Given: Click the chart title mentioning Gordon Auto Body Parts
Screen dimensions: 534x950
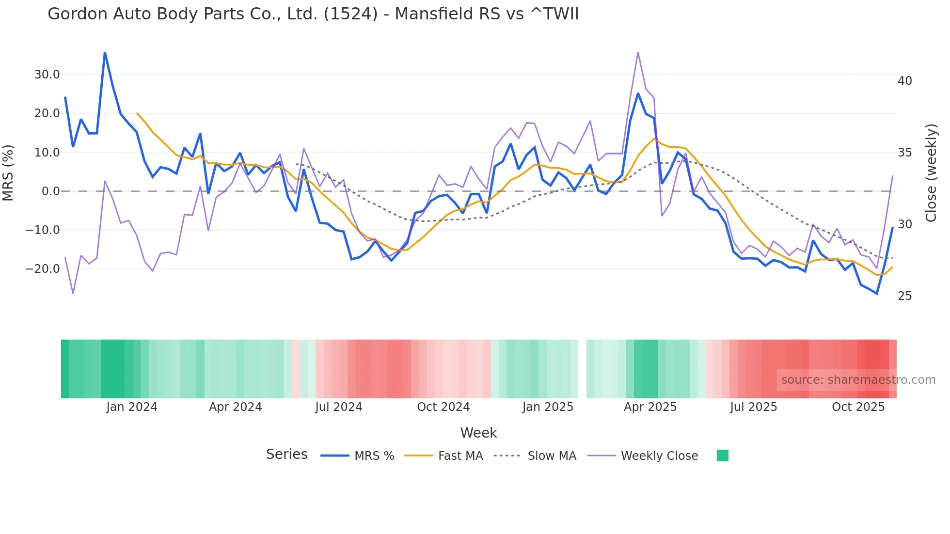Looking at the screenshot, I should (313, 14).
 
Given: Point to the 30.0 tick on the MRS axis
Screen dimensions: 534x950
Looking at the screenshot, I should (47, 75).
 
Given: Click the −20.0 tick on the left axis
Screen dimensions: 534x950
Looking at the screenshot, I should (43, 269).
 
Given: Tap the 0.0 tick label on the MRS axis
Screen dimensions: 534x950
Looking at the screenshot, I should (50, 191).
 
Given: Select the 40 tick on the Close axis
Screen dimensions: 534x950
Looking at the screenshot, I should (904, 81).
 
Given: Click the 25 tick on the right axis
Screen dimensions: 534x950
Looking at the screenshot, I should (904, 296).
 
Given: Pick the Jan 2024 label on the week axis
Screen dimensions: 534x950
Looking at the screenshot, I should (132, 407).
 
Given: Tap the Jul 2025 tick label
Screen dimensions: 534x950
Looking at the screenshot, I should (753, 407).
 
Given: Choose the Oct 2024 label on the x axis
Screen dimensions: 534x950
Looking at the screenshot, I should (443, 407).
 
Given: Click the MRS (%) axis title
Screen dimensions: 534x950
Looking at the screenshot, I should (8, 173).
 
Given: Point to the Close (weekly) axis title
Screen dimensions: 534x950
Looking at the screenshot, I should (931, 173).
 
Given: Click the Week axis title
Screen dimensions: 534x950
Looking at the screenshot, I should (478, 433).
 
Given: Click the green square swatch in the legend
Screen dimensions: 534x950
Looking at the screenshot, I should (722, 455).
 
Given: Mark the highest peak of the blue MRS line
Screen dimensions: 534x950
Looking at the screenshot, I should (105, 52).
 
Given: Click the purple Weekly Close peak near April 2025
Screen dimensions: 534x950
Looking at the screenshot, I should (638, 52).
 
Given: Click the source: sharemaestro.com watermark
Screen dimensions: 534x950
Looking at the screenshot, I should (858, 380).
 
